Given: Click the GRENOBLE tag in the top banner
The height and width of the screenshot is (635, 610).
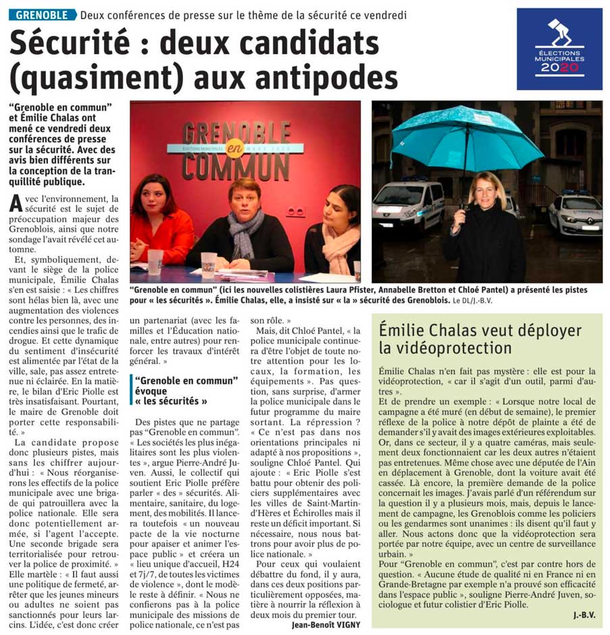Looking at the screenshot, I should [42, 14].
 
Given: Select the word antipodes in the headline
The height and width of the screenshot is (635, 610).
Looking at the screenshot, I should [328, 75].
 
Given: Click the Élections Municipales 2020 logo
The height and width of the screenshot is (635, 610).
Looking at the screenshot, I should [559, 49].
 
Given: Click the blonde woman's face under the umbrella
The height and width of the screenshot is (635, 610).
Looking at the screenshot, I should [486, 190].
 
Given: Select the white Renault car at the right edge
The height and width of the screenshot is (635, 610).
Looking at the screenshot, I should [575, 213].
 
